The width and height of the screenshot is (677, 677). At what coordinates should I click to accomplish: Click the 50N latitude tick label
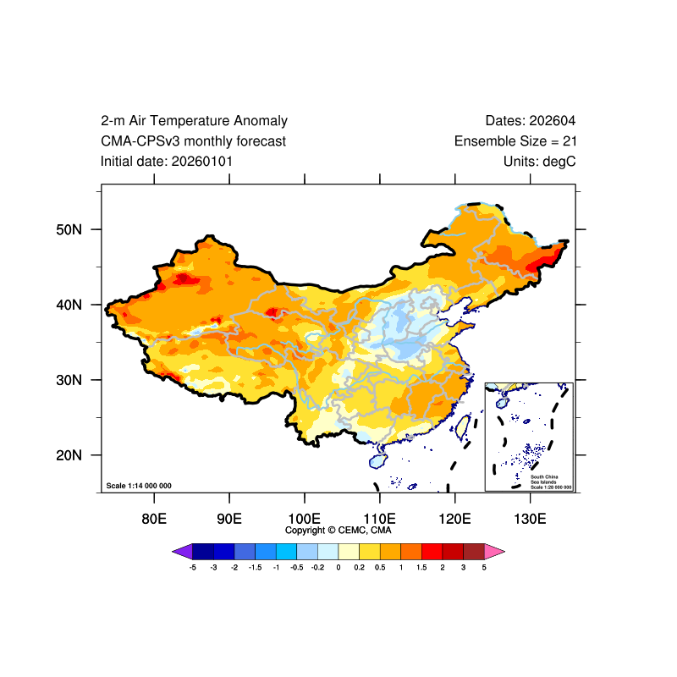(67, 229)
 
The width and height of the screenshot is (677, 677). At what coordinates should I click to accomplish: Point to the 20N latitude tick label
(67, 455)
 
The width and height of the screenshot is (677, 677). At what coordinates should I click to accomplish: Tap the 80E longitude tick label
(154, 518)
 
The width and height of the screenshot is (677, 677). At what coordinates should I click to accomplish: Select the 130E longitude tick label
(531, 518)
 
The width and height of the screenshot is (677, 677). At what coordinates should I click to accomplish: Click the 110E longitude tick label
(380, 518)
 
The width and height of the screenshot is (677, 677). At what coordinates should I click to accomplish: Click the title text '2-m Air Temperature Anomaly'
(194, 121)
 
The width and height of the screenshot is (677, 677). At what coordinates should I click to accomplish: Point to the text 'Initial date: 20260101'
(167, 161)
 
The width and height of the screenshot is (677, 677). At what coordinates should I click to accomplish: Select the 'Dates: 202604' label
(531, 121)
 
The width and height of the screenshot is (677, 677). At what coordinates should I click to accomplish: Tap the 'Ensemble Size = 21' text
(515, 141)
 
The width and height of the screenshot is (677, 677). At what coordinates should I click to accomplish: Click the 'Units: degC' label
(539, 161)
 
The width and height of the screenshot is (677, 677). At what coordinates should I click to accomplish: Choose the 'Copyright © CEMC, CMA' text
(338, 531)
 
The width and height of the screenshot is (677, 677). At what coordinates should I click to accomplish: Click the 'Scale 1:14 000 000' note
(139, 486)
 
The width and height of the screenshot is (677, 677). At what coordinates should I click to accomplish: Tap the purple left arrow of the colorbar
(181, 552)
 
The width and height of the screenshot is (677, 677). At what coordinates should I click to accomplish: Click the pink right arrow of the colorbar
(495, 552)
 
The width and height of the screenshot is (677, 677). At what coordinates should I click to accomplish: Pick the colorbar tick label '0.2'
(359, 567)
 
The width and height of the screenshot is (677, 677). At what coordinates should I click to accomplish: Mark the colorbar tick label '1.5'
(421, 567)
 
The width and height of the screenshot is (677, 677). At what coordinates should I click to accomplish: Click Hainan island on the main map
(378, 461)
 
